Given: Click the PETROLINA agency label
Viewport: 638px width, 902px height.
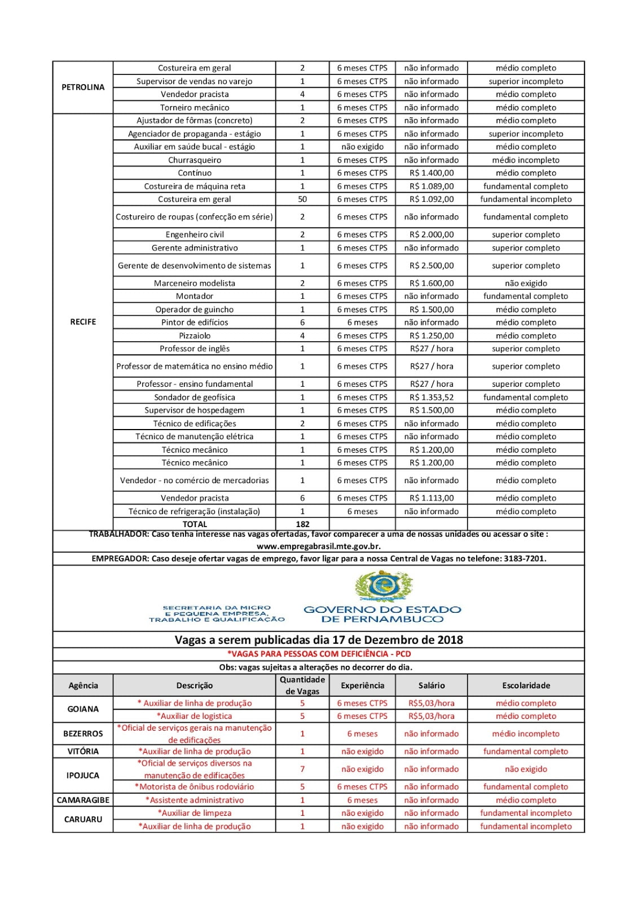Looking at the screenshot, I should (83, 87).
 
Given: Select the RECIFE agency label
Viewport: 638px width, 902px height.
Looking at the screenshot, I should (83, 322).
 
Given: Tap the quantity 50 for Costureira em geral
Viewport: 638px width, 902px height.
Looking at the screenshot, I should (302, 199).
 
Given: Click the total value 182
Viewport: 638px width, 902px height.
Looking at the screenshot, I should (302, 524).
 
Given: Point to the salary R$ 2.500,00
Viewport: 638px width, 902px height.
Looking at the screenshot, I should (432, 266).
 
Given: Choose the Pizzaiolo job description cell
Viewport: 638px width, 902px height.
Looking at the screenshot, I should (195, 335).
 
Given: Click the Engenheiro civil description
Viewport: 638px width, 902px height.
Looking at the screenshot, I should (195, 235).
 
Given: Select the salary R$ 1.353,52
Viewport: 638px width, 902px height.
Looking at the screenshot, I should (432, 397).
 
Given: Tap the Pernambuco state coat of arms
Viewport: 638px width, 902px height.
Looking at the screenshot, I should (383, 586).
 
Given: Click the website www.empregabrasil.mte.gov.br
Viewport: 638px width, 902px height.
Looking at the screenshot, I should (319, 546).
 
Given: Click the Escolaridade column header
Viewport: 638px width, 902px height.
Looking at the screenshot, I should (526, 686).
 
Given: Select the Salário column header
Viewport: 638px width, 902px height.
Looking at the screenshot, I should (432, 686).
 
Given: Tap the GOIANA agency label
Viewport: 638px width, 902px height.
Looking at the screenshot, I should (83, 709).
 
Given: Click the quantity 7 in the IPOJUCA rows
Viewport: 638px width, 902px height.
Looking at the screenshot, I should (302, 769).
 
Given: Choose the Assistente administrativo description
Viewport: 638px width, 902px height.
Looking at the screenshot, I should (195, 800).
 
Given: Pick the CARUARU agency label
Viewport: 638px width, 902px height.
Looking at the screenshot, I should (83, 819).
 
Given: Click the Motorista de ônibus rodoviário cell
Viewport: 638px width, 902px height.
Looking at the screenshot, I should (195, 786).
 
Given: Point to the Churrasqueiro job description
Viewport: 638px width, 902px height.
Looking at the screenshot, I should (195, 160).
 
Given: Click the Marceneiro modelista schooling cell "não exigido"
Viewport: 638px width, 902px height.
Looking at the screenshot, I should (526, 283).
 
